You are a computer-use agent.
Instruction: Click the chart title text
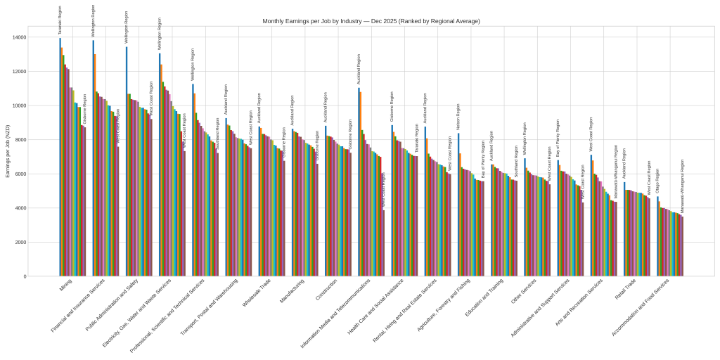[371, 21]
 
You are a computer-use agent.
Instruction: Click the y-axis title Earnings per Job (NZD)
[8, 151]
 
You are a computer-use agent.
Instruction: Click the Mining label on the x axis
[65, 285]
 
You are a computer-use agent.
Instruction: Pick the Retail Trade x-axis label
[626, 289]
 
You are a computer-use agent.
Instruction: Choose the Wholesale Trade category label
[257, 292]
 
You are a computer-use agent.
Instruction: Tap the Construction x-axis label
[326, 290]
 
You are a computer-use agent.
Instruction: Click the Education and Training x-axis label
[484, 297]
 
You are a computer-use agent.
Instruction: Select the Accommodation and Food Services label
[641, 307]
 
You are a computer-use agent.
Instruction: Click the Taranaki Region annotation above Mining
[60, 20]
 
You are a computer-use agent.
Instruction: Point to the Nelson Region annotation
[458, 117]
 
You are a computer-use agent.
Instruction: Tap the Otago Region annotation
[658, 181]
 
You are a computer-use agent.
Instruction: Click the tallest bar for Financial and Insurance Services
[93, 158]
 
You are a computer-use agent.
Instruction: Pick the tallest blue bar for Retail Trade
[624, 229]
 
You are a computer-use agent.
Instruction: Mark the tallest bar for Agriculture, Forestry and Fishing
[458, 205]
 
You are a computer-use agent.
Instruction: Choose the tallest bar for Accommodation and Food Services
[657, 236]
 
